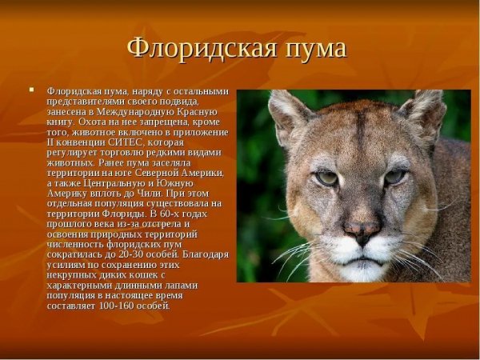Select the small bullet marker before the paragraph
click(32, 89)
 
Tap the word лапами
click(181, 285)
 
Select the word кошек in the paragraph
click(130, 275)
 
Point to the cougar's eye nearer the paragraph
click(326, 178)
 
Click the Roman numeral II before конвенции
click(53, 142)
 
